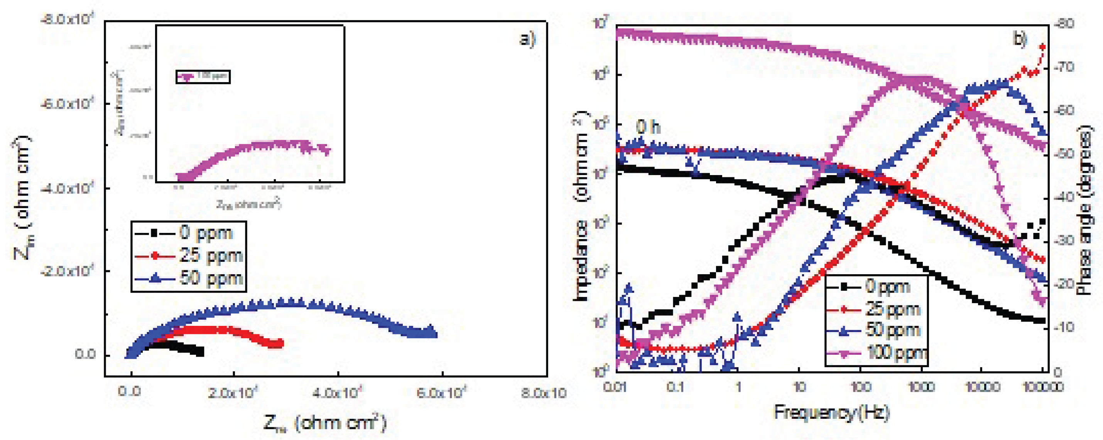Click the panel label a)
pyautogui.click(x=527, y=39)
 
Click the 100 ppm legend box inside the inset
pyautogui.click(x=203, y=77)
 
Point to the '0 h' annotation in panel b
pyautogui.click(x=647, y=127)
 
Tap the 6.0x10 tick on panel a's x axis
pyautogui.click(x=441, y=392)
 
